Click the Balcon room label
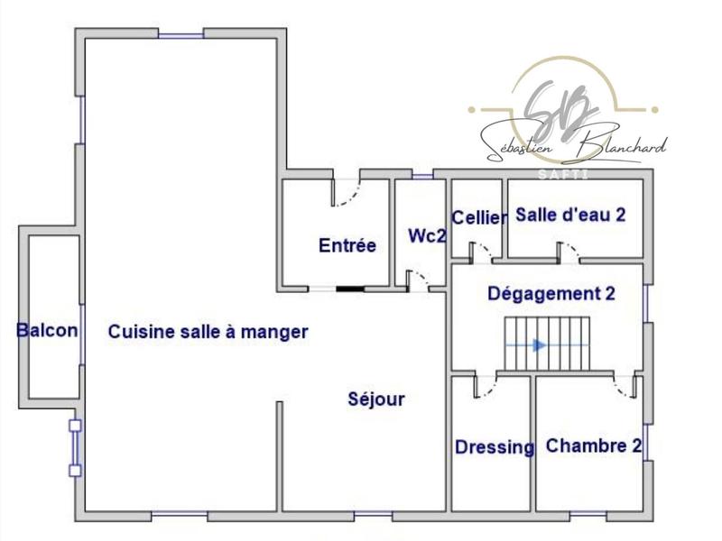pyautogui.click(x=47, y=331)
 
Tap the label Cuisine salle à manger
pyautogui.click(x=208, y=332)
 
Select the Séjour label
pyautogui.click(x=376, y=399)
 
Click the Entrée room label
pyautogui.click(x=347, y=245)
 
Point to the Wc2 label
pyautogui.click(x=428, y=236)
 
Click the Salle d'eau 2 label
pyautogui.click(x=570, y=215)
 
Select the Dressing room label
pyautogui.click(x=494, y=447)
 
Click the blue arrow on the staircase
pyautogui.click(x=540, y=344)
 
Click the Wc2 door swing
pyautogui.click(x=418, y=279)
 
